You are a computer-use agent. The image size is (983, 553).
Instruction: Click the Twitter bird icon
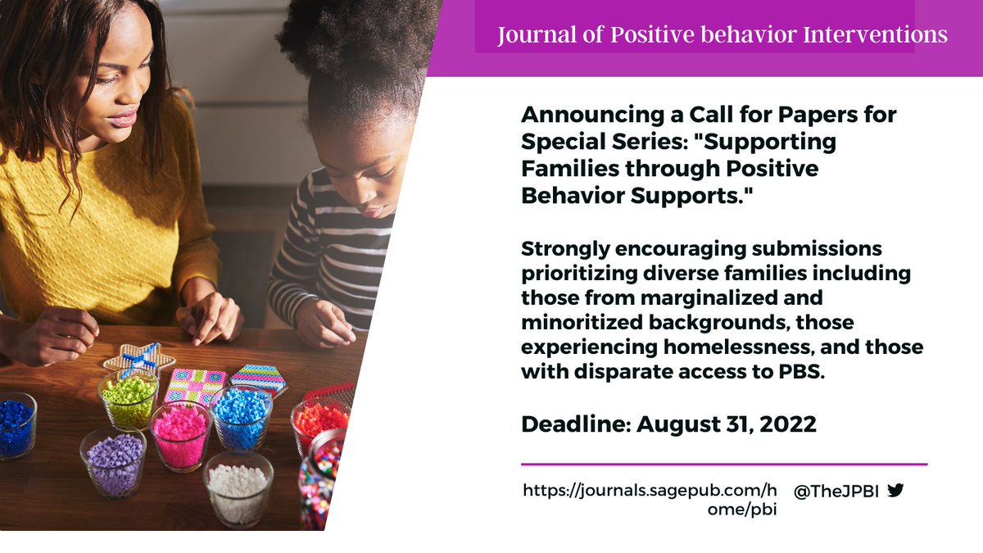point(895,491)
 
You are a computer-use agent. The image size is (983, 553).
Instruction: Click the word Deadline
point(573,424)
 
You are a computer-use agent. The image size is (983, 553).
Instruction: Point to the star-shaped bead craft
point(139,359)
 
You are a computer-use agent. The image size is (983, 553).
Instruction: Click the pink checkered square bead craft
point(196,384)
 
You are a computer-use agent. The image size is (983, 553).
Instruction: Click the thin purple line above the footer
point(724,465)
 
